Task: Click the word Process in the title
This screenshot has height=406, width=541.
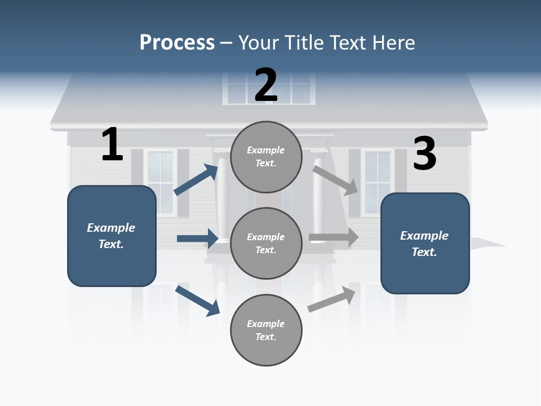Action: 177,42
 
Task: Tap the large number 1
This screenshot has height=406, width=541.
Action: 112,144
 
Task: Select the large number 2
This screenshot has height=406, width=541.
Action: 266,85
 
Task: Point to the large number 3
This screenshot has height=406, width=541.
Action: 425,154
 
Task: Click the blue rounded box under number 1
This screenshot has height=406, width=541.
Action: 112,236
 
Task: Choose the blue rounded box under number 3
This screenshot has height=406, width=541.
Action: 425,243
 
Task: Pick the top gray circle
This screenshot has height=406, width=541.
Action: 266,157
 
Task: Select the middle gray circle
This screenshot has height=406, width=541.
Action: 266,243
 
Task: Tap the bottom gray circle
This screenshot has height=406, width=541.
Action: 266,330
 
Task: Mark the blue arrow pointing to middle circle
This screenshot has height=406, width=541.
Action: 197,239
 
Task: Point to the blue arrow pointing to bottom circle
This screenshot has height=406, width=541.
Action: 197,301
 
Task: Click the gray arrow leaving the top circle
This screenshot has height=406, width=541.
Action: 335,180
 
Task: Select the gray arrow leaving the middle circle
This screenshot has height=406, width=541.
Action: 334,237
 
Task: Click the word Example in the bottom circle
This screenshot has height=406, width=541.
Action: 265,324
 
